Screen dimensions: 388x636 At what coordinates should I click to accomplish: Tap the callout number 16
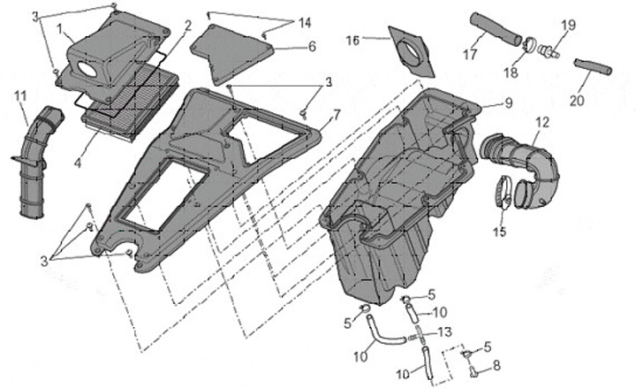tap(352, 40)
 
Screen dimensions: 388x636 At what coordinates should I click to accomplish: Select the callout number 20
tap(576, 101)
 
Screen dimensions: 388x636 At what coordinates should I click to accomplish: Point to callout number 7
tap(337, 115)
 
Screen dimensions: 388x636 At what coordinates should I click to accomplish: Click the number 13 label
tap(444, 331)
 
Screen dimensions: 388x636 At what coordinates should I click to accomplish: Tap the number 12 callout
tap(542, 122)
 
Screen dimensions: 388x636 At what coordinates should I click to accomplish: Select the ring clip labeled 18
tap(532, 42)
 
